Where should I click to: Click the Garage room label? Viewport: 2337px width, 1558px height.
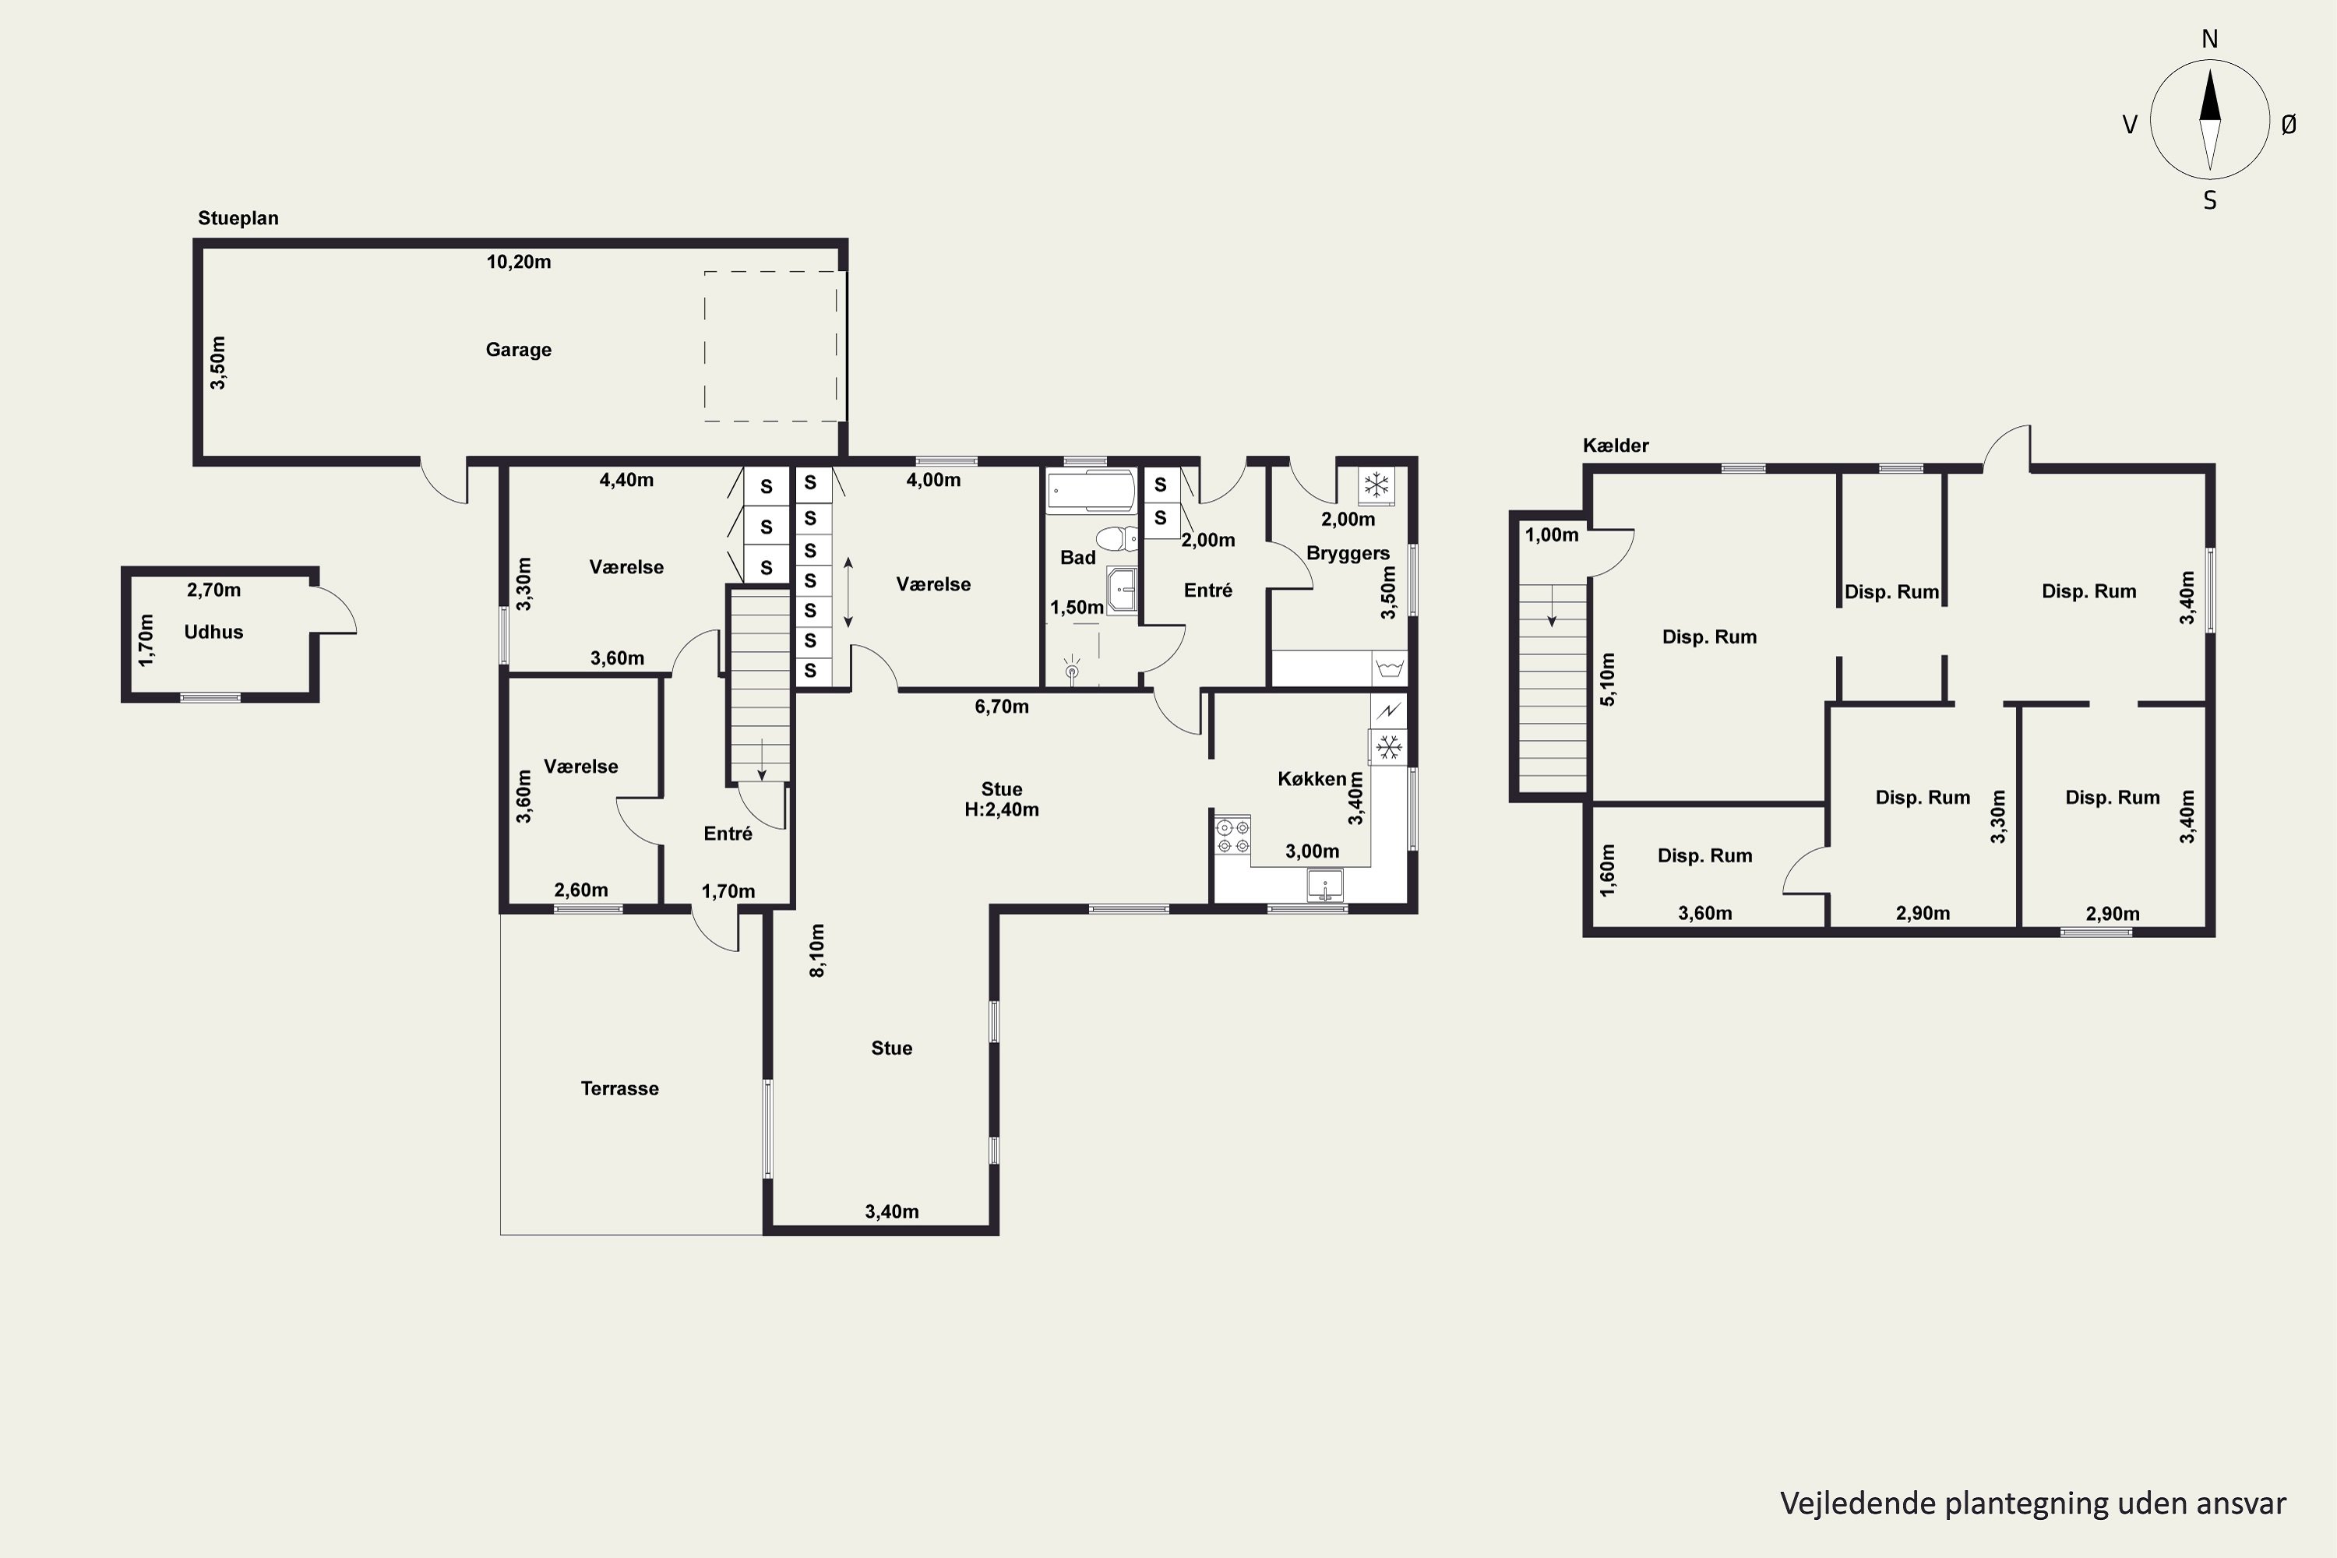[x=518, y=350]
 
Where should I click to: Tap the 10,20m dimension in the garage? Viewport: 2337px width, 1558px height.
[x=518, y=263]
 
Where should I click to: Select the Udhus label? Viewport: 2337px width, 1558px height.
[x=213, y=632]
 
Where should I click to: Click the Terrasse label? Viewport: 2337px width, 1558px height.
[x=619, y=1088]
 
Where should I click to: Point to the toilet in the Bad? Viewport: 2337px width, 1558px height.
[x=1118, y=538]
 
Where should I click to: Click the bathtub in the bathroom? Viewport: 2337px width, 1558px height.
[x=1090, y=491]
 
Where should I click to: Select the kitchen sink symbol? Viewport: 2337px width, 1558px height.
[x=1324, y=884]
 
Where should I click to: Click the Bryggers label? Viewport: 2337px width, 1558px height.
[x=1348, y=553]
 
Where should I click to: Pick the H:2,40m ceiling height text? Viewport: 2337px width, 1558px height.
[x=1002, y=810]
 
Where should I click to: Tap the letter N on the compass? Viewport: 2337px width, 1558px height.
[x=2210, y=40]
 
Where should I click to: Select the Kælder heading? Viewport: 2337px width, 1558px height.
[x=1616, y=446]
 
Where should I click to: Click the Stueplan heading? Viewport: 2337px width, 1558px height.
[x=238, y=219]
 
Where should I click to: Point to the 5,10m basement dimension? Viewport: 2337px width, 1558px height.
[x=1608, y=679]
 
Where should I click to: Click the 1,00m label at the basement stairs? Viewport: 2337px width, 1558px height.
[x=1552, y=536]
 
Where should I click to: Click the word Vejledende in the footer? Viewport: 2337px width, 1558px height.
[x=1844, y=1503]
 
